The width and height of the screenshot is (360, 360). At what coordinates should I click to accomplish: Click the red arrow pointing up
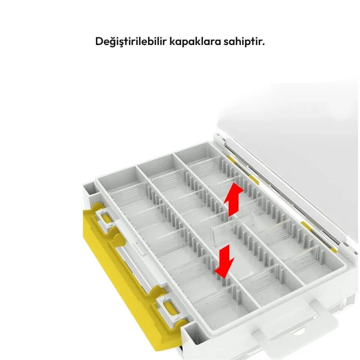[x=233, y=200]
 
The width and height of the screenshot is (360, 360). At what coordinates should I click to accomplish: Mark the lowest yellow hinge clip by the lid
[x=333, y=250]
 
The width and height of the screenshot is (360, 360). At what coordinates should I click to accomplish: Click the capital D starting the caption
[x=99, y=41]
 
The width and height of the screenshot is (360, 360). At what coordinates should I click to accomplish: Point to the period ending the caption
[x=263, y=45]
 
